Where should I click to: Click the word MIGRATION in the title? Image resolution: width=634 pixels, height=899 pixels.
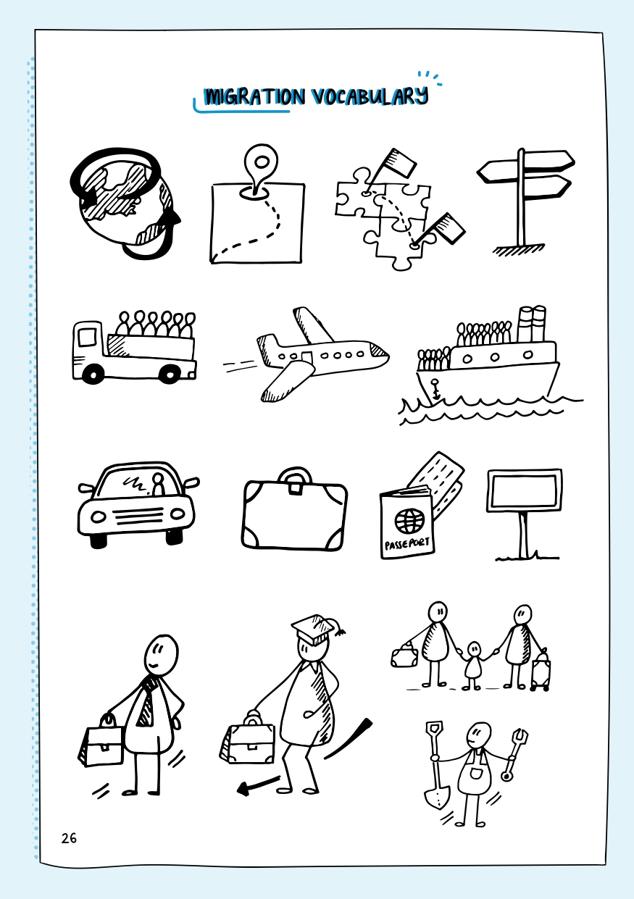coord(254,97)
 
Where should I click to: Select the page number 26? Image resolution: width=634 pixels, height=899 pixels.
coord(69,838)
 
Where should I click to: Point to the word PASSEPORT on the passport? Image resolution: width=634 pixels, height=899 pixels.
coord(407,543)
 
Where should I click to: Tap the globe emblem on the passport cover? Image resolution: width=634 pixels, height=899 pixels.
coord(409,519)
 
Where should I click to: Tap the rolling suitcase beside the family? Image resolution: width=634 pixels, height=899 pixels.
coord(541,671)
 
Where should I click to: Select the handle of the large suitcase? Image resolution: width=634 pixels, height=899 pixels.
coord(296,477)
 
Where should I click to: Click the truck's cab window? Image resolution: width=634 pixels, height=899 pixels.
coord(87,337)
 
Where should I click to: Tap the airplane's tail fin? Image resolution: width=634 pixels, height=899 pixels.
coord(266,349)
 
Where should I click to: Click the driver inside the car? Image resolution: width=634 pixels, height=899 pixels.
coord(159,484)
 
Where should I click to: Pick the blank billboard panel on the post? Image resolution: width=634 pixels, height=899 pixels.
coord(525,490)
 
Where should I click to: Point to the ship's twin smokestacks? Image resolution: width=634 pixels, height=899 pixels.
coord(532,324)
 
